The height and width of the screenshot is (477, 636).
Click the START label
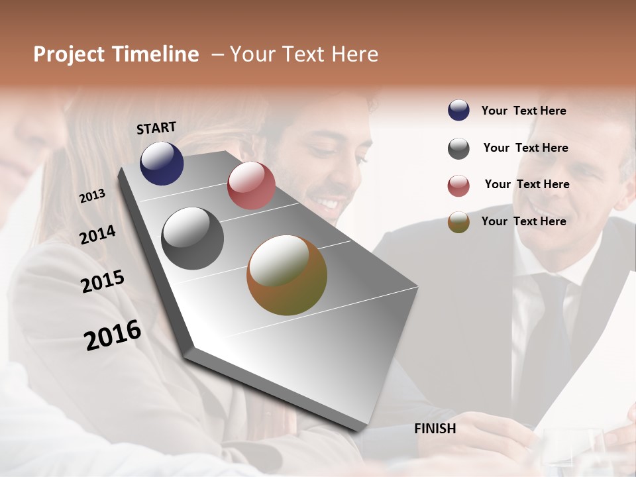(x=156, y=127)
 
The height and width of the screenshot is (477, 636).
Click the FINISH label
(x=435, y=429)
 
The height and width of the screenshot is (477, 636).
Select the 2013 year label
(x=92, y=195)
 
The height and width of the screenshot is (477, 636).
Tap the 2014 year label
(x=97, y=235)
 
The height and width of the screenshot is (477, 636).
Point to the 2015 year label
(x=103, y=282)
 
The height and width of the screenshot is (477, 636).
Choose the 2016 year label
(x=113, y=335)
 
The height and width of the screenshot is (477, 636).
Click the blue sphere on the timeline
(x=162, y=164)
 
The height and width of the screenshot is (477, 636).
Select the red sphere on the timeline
(x=251, y=185)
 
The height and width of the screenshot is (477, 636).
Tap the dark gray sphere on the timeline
(x=193, y=238)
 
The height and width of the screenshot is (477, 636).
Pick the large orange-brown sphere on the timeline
(x=287, y=275)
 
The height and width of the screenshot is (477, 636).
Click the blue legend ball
(x=458, y=111)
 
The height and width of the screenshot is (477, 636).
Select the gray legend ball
(x=458, y=148)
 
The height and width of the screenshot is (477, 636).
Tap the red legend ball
(x=458, y=185)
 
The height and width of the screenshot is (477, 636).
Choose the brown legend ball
(x=458, y=222)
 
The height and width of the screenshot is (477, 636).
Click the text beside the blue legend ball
(x=523, y=111)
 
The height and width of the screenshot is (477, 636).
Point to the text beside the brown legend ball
(x=523, y=221)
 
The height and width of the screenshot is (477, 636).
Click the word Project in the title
(x=69, y=54)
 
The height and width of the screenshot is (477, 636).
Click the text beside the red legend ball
(x=527, y=184)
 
